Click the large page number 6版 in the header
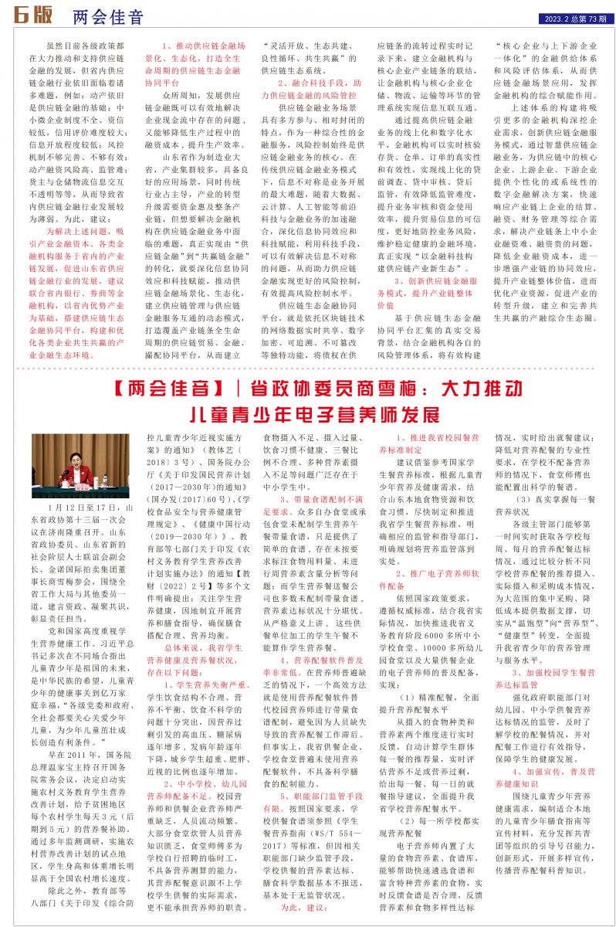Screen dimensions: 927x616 tap(32, 15)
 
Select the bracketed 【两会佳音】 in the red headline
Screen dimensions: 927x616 tap(163, 387)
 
